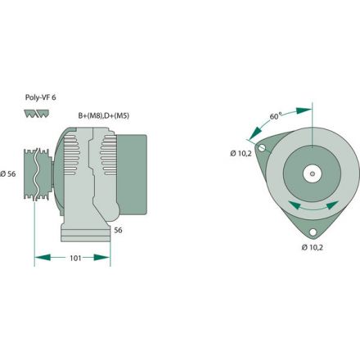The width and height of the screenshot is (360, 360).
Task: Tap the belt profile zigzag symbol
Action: tap(34, 115)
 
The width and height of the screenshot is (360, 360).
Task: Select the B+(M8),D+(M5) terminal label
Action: tap(104, 116)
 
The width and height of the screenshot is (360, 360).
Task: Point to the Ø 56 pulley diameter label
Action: tap(10, 173)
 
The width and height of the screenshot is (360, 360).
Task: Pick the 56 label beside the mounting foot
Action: tap(117, 231)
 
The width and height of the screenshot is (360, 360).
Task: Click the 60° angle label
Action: tap(276, 116)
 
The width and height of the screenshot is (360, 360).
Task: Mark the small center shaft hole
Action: tap(313, 173)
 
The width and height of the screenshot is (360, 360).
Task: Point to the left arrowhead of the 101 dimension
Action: tap(38, 259)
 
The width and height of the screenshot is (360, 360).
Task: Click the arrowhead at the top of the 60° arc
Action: tap(308, 108)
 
